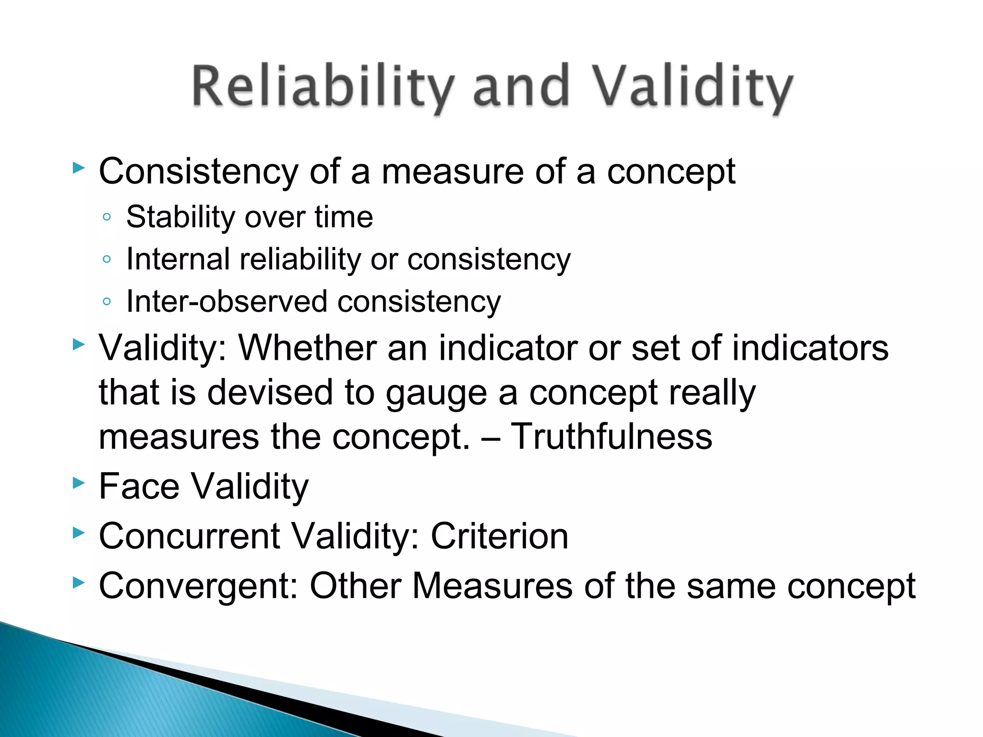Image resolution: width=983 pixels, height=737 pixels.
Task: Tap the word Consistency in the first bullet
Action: pos(198,172)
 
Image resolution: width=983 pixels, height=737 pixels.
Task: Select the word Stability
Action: pos(180,217)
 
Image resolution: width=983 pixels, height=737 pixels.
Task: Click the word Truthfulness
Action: pos(611,437)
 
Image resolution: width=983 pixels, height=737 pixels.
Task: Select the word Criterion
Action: pos(499,536)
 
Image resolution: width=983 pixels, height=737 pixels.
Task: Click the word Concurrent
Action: pos(189,536)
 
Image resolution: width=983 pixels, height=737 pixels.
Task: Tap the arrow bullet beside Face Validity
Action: pos(78,483)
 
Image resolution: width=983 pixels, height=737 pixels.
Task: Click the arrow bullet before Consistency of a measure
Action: pos(78,168)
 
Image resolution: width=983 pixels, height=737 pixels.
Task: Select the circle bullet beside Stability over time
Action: pos(107,217)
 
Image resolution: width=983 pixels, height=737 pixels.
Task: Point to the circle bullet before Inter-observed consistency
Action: pos(107,302)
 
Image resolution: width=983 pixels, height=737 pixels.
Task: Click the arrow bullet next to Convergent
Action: pos(78,582)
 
